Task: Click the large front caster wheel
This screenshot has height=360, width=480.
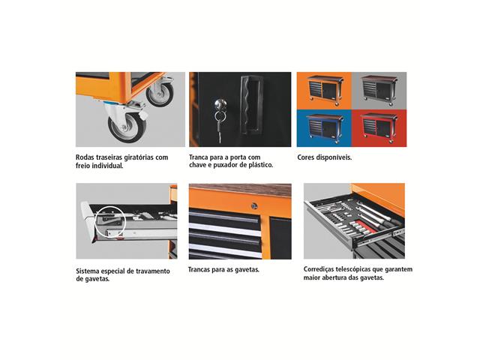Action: (127, 127)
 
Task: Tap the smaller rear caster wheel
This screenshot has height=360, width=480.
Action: (160, 94)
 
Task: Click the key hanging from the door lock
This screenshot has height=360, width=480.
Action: (219, 128)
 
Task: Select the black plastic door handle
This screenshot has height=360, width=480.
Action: (251, 105)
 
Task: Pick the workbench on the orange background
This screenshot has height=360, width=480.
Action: (325, 90)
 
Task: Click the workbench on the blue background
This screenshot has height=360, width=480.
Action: (325, 128)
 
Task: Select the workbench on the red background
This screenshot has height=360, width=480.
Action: (379, 128)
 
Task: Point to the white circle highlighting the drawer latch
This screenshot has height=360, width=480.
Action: (110, 222)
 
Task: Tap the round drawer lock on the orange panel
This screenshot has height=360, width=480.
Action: (254, 205)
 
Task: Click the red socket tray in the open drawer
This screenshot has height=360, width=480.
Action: (366, 227)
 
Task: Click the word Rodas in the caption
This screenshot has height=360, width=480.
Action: (85, 157)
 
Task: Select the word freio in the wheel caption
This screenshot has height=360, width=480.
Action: (83, 166)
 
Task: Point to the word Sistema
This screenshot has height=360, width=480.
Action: (88, 271)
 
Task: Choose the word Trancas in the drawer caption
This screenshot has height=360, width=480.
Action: (199, 270)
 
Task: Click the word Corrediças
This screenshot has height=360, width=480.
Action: (318, 269)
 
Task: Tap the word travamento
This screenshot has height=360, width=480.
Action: (153, 271)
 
